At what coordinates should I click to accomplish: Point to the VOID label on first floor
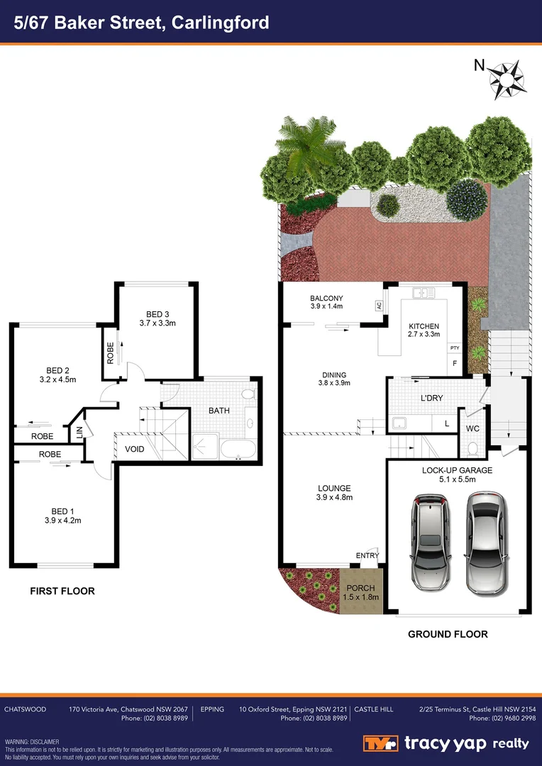pyautogui.click(x=135, y=450)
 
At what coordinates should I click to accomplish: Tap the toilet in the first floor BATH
pyautogui.click(x=248, y=394)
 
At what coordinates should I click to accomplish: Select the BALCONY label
pyautogui.click(x=326, y=298)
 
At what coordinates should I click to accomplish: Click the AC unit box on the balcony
pyautogui.click(x=380, y=306)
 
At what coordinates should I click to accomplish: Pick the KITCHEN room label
pyautogui.click(x=424, y=326)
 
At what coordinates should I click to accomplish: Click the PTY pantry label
pyautogui.click(x=455, y=348)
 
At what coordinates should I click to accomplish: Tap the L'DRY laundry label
pyautogui.click(x=431, y=398)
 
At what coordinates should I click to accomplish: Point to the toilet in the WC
pyautogui.click(x=472, y=448)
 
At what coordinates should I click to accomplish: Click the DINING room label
pyautogui.click(x=333, y=374)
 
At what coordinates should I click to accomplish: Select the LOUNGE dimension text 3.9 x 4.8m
pyautogui.click(x=335, y=497)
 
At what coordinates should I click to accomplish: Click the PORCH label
pyautogui.click(x=362, y=588)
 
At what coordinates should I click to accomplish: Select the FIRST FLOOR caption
pyautogui.click(x=62, y=591)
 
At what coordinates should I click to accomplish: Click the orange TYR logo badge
pyautogui.click(x=380, y=743)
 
